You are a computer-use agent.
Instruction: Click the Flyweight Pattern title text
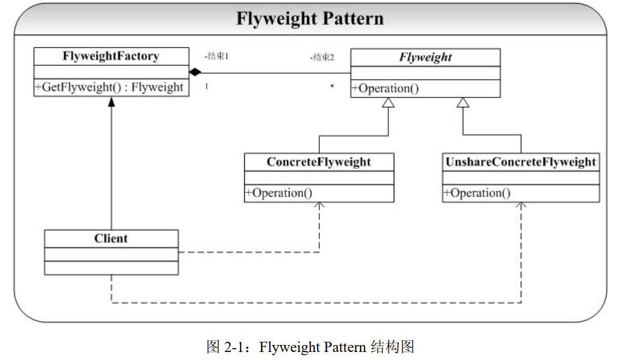click(x=310, y=19)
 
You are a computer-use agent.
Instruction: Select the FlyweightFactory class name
click(x=111, y=56)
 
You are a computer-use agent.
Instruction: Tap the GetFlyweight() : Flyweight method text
click(x=111, y=87)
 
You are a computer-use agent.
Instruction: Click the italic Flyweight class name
click(x=425, y=57)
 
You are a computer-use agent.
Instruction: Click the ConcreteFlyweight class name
click(x=319, y=162)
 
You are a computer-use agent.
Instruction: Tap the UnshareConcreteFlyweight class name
click(x=521, y=162)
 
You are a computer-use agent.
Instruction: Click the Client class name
click(x=111, y=238)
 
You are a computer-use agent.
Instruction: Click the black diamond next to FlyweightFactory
click(x=195, y=72)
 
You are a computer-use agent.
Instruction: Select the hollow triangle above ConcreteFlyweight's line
click(x=388, y=102)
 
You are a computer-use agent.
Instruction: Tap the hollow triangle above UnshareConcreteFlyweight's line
click(x=463, y=102)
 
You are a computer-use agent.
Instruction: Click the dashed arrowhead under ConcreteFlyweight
click(x=319, y=205)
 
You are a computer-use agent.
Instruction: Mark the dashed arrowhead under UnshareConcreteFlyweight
click(x=521, y=205)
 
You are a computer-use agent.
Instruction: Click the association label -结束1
click(x=216, y=56)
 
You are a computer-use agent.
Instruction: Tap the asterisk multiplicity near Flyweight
click(x=332, y=86)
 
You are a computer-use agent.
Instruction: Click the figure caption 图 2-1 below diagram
click(x=310, y=347)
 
